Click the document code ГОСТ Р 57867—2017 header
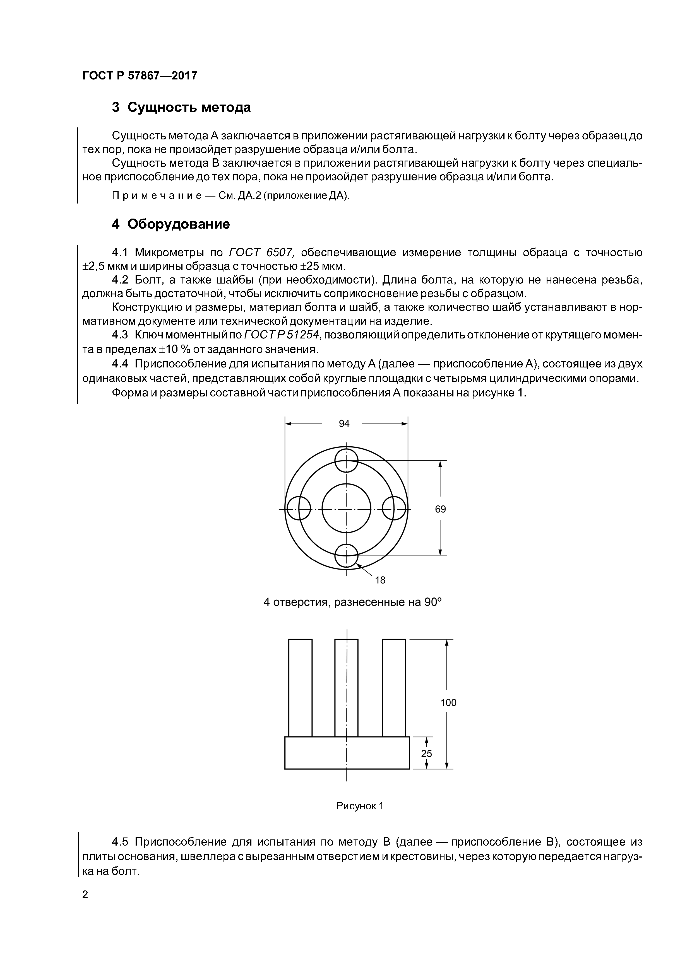[x=140, y=76]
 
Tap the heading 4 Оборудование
[x=170, y=224]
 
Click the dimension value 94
[x=344, y=423]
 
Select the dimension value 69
[x=440, y=509]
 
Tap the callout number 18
[x=380, y=580]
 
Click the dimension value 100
[x=448, y=702]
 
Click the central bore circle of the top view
[x=346, y=509]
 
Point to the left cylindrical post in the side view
[x=300, y=687]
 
